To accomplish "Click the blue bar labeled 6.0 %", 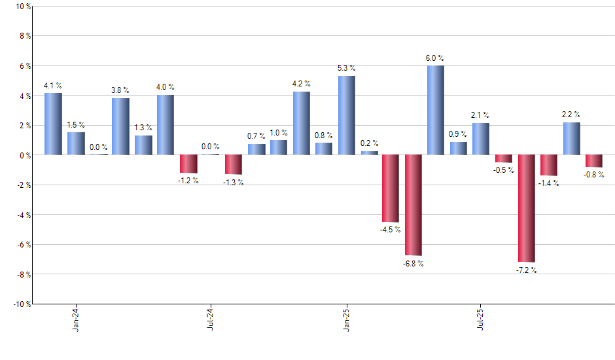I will tap(436, 110).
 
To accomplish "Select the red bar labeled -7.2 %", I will tap(526, 208).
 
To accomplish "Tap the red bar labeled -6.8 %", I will tap(413, 205).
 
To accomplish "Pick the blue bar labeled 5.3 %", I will tap(346, 115).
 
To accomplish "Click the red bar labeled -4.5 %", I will tap(391, 189).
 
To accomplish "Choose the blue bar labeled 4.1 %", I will tap(53, 124).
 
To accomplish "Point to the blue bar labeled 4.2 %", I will tap(301, 123).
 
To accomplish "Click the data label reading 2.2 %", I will tap(572, 114).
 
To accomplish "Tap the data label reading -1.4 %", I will tap(549, 183).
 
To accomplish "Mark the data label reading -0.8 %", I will tap(594, 175).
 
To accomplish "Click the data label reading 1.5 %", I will tap(76, 124).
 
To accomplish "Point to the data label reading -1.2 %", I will tap(188, 180).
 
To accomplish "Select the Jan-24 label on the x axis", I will tap(76, 319).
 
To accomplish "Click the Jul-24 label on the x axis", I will tap(211, 319).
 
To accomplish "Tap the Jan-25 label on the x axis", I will tap(346, 319).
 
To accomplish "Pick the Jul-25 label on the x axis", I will tap(481, 319).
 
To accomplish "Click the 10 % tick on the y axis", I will tap(22, 7).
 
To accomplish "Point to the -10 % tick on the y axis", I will tap(21, 304).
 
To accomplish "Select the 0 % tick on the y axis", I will tap(24, 155).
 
